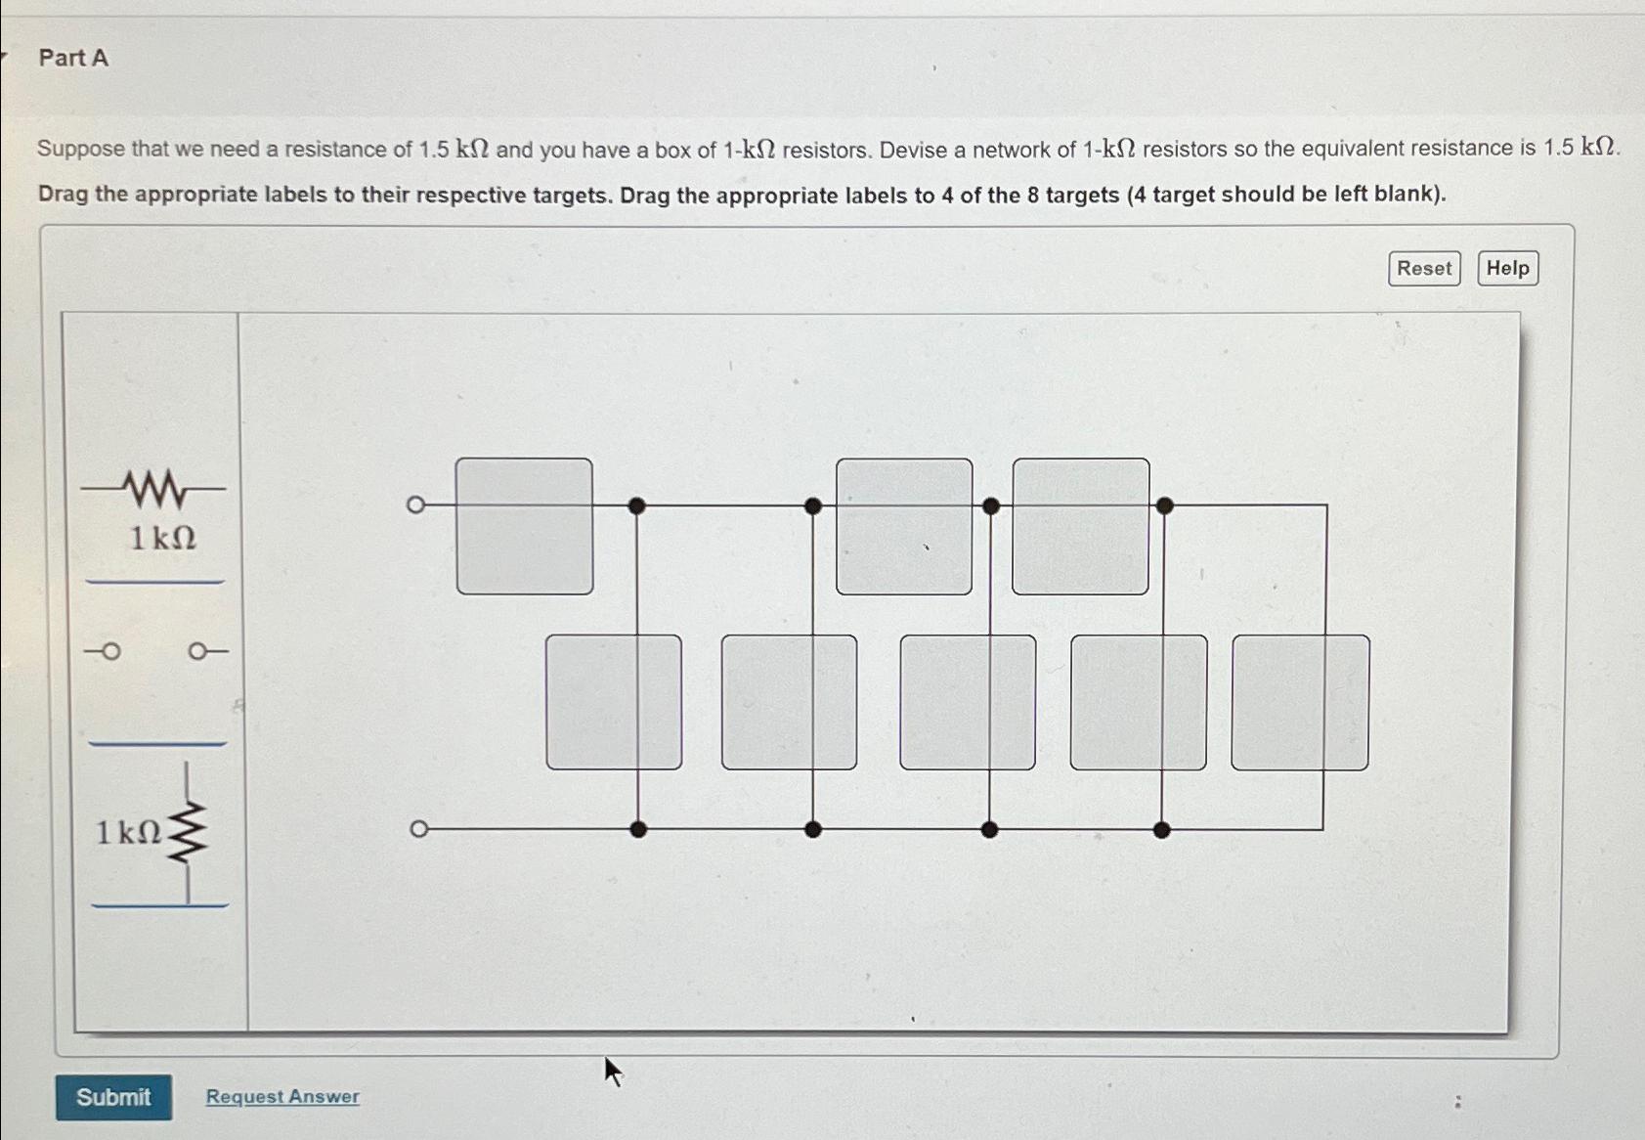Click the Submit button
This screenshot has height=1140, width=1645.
(x=113, y=1097)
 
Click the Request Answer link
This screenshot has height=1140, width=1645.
(x=282, y=1097)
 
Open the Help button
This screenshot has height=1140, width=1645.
(x=1507, y=268)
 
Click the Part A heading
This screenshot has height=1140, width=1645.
(x=73, y=59)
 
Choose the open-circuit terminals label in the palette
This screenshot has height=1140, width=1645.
(x=155, y=651)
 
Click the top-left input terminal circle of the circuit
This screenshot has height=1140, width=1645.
(x=415, y=504)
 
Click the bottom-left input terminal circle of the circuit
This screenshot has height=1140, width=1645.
(x=418, y=829)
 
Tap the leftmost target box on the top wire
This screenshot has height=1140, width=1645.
(x=524, y=526)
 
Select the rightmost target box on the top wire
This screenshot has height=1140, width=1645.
(x=1080, y=526)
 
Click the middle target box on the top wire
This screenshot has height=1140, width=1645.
(x=904, y=526)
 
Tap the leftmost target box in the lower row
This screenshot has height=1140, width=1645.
(x=614, y=702)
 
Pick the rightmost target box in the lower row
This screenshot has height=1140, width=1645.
(x=1300, y=702)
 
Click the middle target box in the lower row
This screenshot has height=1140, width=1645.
(x=968, y=702)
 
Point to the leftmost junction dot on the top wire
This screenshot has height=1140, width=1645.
(x=636, y=505)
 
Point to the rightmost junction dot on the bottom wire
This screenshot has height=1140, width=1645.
(x=1161, y=830)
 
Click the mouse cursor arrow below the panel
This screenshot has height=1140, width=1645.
(x=612, y=1071)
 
